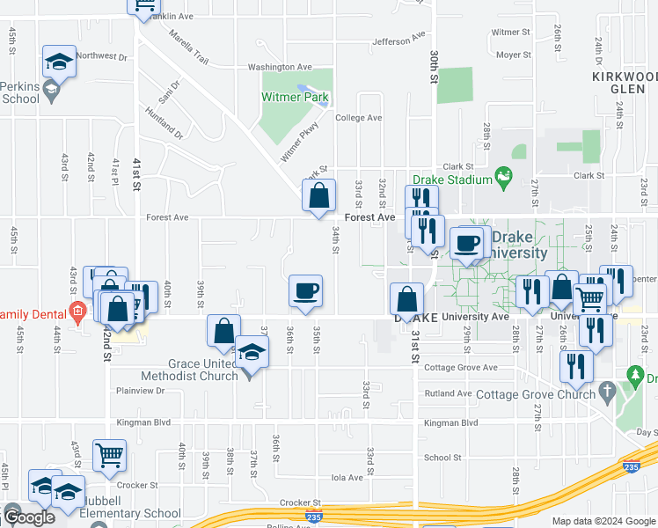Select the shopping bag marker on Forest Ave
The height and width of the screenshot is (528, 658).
pos(319,197)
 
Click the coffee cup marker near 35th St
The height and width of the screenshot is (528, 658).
pos(305,291)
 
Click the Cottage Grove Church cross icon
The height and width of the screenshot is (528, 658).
pos(605,390)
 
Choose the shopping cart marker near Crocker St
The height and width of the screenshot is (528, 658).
pos(110,456)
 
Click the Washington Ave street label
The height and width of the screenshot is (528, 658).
pos(280,67)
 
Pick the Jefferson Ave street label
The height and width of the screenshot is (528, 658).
pos(391,41)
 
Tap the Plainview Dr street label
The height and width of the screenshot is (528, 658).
pos(141,390)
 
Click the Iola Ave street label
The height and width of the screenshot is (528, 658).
pos(347,478)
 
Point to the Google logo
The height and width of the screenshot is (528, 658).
pos(29,517)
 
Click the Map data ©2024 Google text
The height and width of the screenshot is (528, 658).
pos(603,521)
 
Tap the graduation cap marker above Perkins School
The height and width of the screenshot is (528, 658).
pos(59,62)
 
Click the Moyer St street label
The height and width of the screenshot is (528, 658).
pos(514,55)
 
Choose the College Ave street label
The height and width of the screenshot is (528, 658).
pos(358,118)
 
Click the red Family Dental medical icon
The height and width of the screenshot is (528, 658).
pos(77,311)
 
